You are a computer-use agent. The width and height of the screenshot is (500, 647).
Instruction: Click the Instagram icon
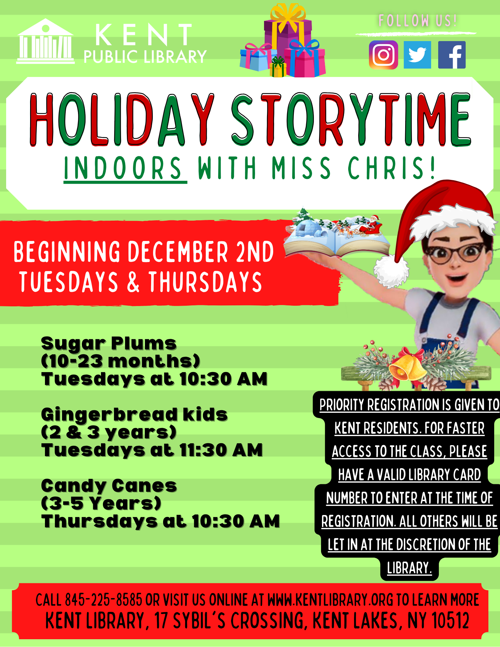click(x=383, y=55)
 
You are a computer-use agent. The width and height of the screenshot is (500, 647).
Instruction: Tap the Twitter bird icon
click(x=417, y=55)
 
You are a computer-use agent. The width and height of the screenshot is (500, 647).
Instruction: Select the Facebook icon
click(x=452, y=55)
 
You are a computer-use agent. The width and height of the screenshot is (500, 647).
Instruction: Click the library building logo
click(x=45, y=41)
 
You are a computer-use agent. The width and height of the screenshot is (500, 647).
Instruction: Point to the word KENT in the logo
click(x=144, y=35)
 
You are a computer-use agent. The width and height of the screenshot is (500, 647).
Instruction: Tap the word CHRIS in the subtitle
click(x=391, y=168)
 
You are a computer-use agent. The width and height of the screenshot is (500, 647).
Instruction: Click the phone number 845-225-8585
click(x=104, y=600)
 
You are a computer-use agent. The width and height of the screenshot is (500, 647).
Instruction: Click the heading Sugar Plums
click(x=109, y=344)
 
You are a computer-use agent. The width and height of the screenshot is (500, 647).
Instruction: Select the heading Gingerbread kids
click(x=134, y=415)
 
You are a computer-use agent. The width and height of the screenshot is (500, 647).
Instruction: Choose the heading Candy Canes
click(x=109, y=486)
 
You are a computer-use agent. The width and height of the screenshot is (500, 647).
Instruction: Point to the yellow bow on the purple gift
click(x=288, y=18)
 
